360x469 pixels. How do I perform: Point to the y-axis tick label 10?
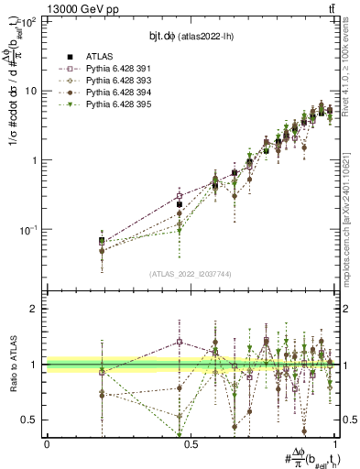tap(30, 91)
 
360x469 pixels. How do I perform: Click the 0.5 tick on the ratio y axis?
tap(31, 420)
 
